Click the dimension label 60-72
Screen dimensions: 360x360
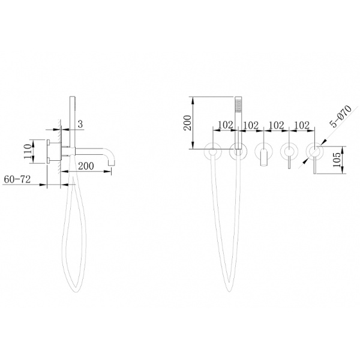pos(17,179)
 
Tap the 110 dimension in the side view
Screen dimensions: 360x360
pos(28,151)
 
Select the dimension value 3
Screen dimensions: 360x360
pos(80,124)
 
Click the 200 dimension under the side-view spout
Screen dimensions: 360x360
pos(86,166)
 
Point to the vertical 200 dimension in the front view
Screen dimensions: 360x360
pos(188,123)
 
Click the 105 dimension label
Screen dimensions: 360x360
pos(337,160)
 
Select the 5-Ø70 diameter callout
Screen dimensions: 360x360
pos(341,116)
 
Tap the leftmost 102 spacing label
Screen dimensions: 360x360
pos(225,125)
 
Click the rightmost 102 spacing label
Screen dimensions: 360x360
pos(302,125)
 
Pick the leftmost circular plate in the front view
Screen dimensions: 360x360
pos(212,151)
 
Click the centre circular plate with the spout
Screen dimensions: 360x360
pos(264,151)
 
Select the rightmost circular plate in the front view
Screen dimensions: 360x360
pos(314,151)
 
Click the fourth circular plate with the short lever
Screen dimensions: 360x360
pos(289,151)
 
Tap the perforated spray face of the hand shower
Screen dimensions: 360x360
pos(238,104)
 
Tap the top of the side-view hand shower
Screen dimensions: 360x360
pos(72,97)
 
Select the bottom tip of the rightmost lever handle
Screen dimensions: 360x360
pos(314,173)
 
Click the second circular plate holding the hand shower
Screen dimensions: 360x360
pos(238,151)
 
